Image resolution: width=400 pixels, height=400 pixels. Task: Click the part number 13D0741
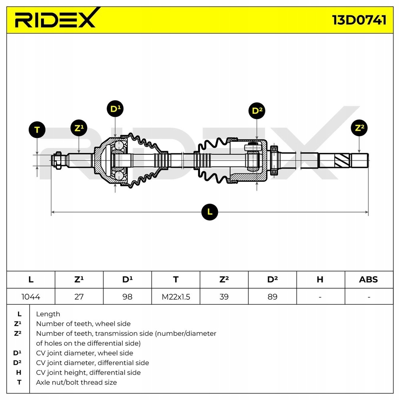[x=359, y=20]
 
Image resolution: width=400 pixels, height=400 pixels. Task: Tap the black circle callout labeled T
[x=37, y=130]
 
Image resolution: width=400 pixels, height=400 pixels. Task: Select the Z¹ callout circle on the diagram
[x=79, y=128]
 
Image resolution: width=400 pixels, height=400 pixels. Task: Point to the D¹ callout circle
[x=115, y=109]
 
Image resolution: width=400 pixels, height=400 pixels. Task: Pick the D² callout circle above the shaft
[x=257, y=111]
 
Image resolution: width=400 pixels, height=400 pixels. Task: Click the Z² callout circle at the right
[x=359, y=128]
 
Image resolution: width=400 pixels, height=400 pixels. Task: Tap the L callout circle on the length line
[x=210, y=212]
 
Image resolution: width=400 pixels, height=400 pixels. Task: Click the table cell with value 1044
[x=31, y=296]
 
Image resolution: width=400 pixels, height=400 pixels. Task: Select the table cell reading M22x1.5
[x=176, y=296]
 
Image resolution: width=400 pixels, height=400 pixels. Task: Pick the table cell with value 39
[x=224, y=296]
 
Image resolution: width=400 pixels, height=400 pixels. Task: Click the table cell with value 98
[x=127, y=296]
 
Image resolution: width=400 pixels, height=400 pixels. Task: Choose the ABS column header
[x=368, y=279]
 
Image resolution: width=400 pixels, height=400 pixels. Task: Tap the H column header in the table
[x=320, y=279]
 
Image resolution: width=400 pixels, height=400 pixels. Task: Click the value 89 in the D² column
[x=272, y=296]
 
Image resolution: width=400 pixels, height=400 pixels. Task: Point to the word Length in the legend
[x=48, y=314]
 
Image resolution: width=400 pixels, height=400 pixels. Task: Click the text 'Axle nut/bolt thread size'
[x=76, y=382]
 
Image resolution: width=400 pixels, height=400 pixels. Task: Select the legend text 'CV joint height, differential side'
[x=88, y=373]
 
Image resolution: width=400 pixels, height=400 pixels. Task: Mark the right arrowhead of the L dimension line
[x=367, y=212]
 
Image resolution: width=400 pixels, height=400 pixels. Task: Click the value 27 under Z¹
[x=79, y=296]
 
